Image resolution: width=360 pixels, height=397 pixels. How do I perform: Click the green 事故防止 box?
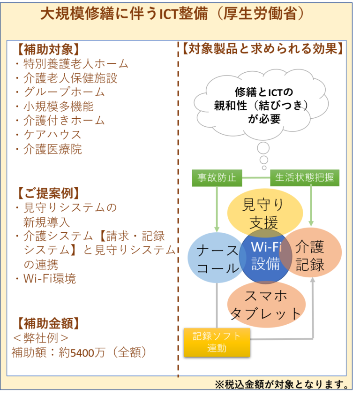217,178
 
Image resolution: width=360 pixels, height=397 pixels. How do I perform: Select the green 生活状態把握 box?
305,178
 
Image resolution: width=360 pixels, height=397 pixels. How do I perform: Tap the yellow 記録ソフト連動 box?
217,342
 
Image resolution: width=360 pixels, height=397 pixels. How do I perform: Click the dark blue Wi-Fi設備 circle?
265,257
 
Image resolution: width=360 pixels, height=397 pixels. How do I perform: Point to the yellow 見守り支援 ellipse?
265,213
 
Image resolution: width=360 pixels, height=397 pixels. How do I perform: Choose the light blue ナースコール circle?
217,258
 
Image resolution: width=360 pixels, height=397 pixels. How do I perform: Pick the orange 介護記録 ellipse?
310,252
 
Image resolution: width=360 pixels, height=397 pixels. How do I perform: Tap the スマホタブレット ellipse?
266,305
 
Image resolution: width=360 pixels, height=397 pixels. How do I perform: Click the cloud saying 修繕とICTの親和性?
262,104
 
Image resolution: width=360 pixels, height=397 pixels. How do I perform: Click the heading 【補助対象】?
48,49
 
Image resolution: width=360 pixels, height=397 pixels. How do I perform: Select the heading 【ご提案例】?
48,193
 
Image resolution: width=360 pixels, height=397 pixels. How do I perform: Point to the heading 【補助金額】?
48,324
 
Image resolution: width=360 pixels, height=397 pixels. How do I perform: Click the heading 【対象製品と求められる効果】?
262,48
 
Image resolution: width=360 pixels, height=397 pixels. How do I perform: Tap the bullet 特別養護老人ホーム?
72,64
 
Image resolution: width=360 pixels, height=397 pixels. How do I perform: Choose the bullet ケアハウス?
48,135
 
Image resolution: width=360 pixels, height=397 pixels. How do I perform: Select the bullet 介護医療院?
48,149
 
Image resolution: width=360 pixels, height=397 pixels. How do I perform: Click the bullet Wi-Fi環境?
45,278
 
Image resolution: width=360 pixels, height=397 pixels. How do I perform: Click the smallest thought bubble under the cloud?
264,168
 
